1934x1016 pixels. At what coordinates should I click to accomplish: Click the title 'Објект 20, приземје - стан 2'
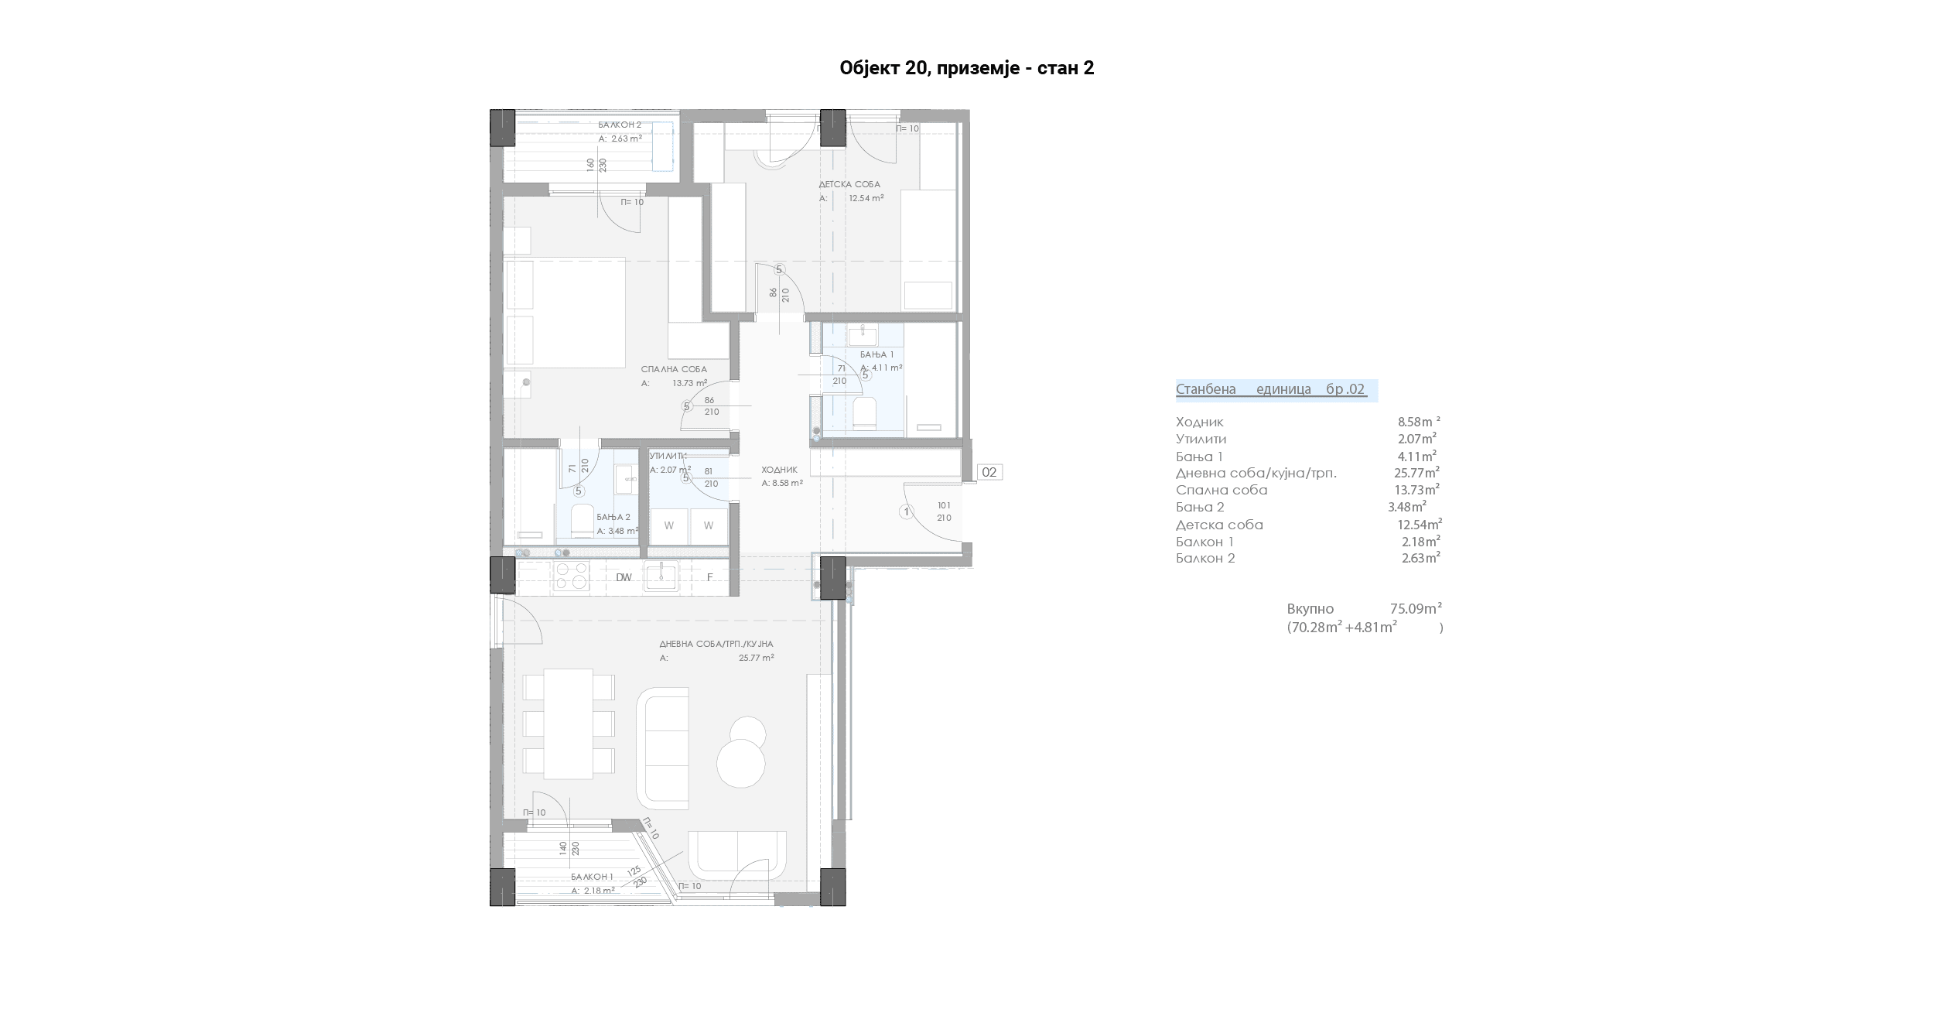click(967, 68)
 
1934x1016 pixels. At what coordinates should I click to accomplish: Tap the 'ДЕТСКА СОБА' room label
click(849, 185)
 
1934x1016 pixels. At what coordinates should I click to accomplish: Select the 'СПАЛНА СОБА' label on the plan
click(674, 369)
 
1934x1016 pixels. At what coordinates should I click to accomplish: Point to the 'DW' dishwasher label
click(624, 577)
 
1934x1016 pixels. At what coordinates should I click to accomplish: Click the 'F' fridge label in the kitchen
click(709, 577)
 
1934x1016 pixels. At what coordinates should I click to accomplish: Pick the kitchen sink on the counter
click(661, 576)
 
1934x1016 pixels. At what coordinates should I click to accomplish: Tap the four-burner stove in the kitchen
click(570, 576)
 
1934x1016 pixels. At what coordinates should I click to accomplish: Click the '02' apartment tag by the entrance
click(989, 472)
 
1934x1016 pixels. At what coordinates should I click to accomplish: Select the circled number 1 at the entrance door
click(907, 511)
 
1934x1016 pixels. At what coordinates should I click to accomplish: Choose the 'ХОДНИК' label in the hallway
click(779, 470)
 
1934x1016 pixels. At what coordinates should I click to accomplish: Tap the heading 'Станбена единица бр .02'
click(1271, 389)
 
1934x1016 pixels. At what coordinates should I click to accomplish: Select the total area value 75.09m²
click(1416, 608)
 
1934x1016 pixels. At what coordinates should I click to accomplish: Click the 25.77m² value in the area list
click(1416, 472)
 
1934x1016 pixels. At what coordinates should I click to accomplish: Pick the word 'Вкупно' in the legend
click(1310, 609)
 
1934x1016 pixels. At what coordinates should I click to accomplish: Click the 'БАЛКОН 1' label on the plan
click(593, 877)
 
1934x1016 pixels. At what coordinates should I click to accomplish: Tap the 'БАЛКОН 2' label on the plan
click(620, 125)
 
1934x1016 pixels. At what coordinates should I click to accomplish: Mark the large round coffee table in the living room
click(741, 763)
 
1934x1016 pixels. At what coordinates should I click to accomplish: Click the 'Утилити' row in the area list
click(1201, 440)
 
